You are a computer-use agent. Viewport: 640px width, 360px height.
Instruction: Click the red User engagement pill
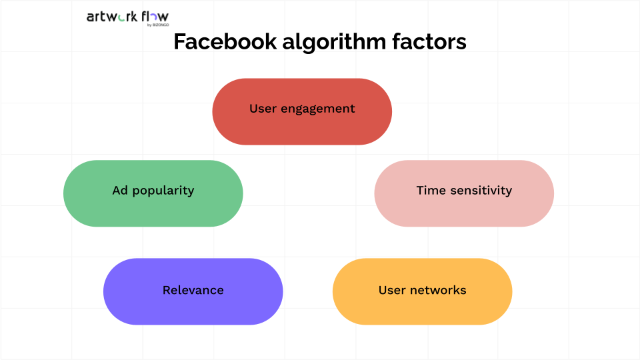coord(302,111)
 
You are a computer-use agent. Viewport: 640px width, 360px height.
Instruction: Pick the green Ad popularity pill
coord(153,193)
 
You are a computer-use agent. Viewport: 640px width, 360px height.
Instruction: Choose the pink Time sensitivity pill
coord(464,193)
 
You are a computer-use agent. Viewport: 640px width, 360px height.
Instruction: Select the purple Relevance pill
coord(193,291)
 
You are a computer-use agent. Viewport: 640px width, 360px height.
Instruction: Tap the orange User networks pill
coord(422,291)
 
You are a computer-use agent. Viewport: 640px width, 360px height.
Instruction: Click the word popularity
coord(163,191)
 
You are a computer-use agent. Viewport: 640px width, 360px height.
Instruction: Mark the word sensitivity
coord(481,191)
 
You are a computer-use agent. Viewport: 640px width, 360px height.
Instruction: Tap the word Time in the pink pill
coord(431,190)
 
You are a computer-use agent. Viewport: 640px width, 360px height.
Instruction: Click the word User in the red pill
coord(263,109)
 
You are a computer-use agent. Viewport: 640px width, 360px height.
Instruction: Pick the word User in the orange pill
coord(392,290)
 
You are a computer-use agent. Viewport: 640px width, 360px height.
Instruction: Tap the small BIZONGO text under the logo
coord(161,25)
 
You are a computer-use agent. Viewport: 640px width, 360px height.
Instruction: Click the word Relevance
coord(193,290)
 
